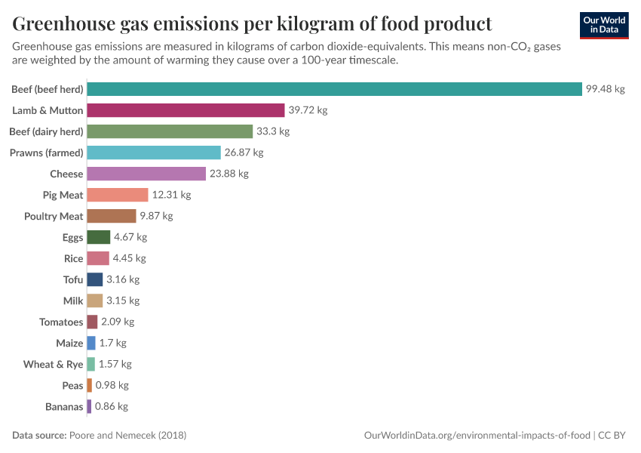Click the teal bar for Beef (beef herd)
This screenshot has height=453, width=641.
click(x=334, y=89)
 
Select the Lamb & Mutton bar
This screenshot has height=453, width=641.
click(x=186, y=110)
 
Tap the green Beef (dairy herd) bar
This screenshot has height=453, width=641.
click(x=170, y=131)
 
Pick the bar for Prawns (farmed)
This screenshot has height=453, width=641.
click(x=154, y=153)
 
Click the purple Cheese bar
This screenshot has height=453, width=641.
click(x=146, y=174)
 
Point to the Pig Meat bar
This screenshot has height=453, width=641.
click(x=118, y=195)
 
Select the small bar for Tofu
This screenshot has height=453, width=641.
click(x=95, y=279)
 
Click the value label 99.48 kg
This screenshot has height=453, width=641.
click(x=606, y=89)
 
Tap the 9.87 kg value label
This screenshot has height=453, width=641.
click(x=156, y=216)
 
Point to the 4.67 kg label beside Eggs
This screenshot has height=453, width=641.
click(x=130, y=237)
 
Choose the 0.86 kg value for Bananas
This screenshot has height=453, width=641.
click(x=112, y=406)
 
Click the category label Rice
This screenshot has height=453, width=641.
click(x=73, y=258)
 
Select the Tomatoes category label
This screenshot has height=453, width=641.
click(x=61, y=322)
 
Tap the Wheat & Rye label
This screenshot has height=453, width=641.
click(x=53, y=364)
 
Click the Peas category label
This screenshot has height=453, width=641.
click(x=72, y=385)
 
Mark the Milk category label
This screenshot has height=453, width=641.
click(x=73, y=300)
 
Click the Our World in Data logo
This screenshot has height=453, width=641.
click(x=604, y=25)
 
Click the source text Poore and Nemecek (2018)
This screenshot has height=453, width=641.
click(x=127, y=436)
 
